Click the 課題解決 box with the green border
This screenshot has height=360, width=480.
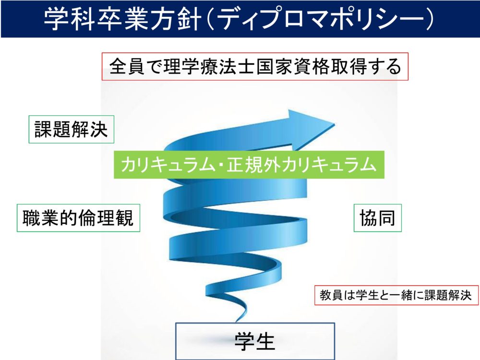point(72,129)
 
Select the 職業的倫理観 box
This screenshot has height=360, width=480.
point(78,217)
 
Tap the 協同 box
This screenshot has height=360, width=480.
point(377,217)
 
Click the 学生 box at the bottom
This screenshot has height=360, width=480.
point(255,341)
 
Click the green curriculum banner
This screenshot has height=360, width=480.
point(249,164)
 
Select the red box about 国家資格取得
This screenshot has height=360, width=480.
point(255,67)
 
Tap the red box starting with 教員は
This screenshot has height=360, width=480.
point(396,295)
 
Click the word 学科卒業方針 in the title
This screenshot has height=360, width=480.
point(123,19)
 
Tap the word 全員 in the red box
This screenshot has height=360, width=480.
point(127,67)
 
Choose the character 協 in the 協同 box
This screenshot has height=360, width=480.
point(368,218)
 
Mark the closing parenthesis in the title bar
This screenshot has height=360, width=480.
point(429,19)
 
